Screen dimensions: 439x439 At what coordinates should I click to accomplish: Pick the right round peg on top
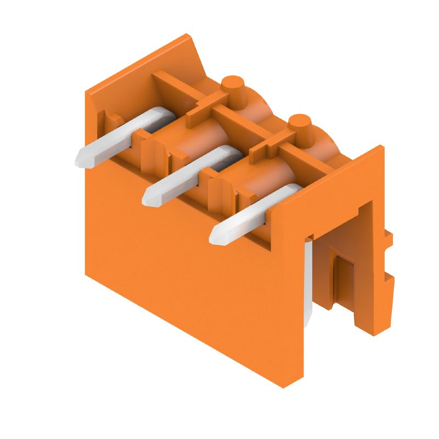point(300,123)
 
